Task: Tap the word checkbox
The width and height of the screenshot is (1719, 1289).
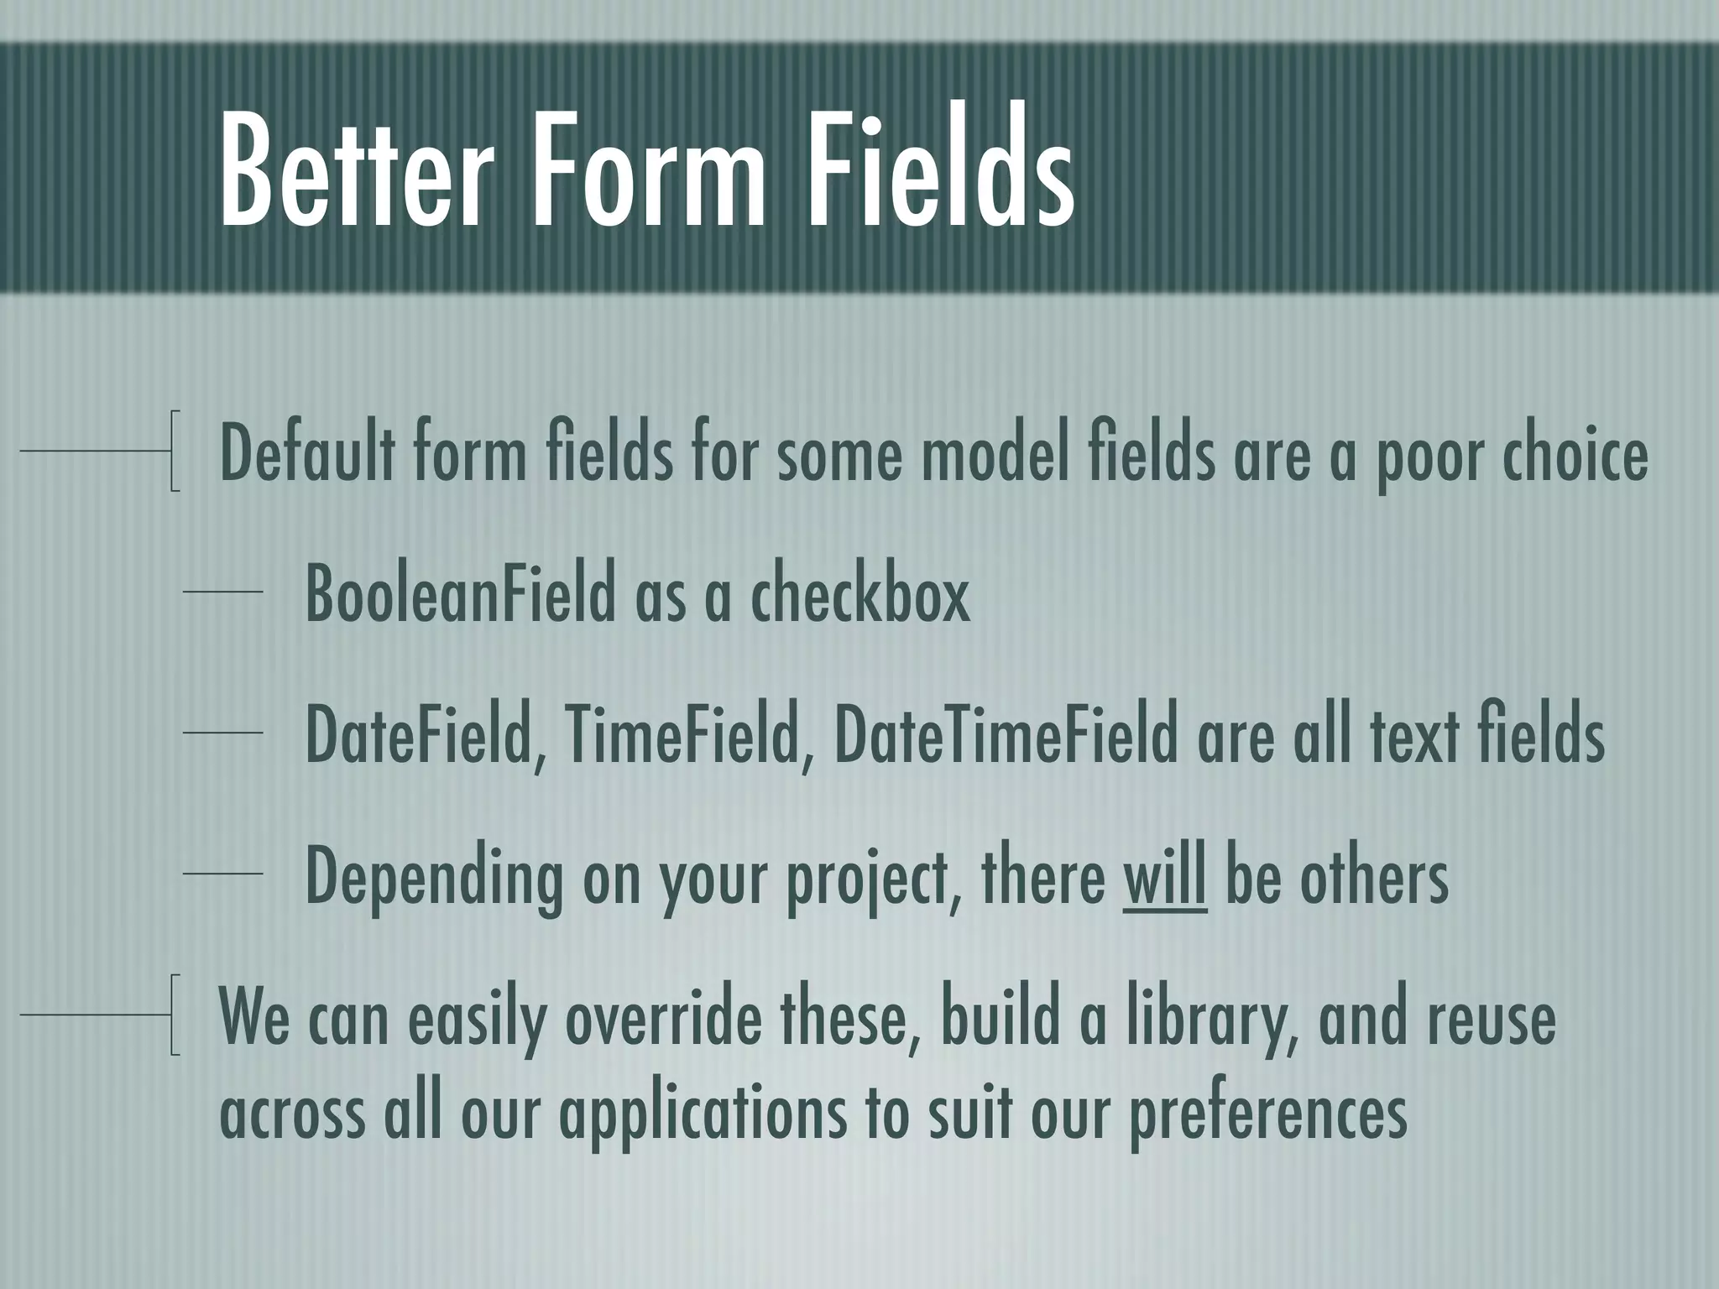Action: (859, 594)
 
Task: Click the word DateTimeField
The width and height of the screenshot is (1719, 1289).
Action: (1006, 735)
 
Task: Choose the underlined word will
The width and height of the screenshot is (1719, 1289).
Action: (1165, 876)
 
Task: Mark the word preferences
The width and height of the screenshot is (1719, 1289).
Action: (1267, 1116)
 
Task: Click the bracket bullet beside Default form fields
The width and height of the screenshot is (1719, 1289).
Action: (175, 451)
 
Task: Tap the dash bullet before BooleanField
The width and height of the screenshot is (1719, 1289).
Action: (222, 592)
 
